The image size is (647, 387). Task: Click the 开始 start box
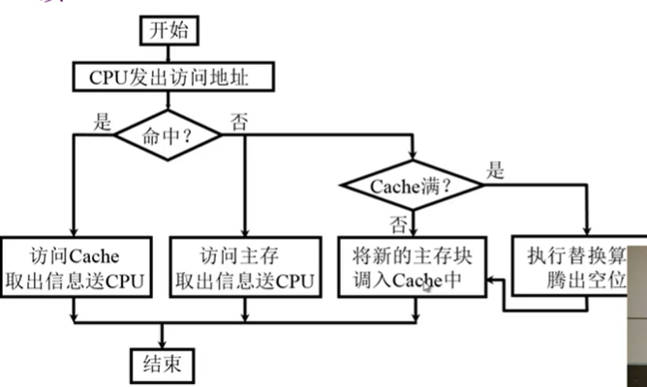coord(163,30)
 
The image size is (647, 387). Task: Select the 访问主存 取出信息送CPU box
coord(245,266)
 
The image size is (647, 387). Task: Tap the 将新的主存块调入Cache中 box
coord(414,266)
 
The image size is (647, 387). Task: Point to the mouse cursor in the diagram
coord(427,285)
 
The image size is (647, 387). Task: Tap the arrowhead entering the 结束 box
coord(162,344)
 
